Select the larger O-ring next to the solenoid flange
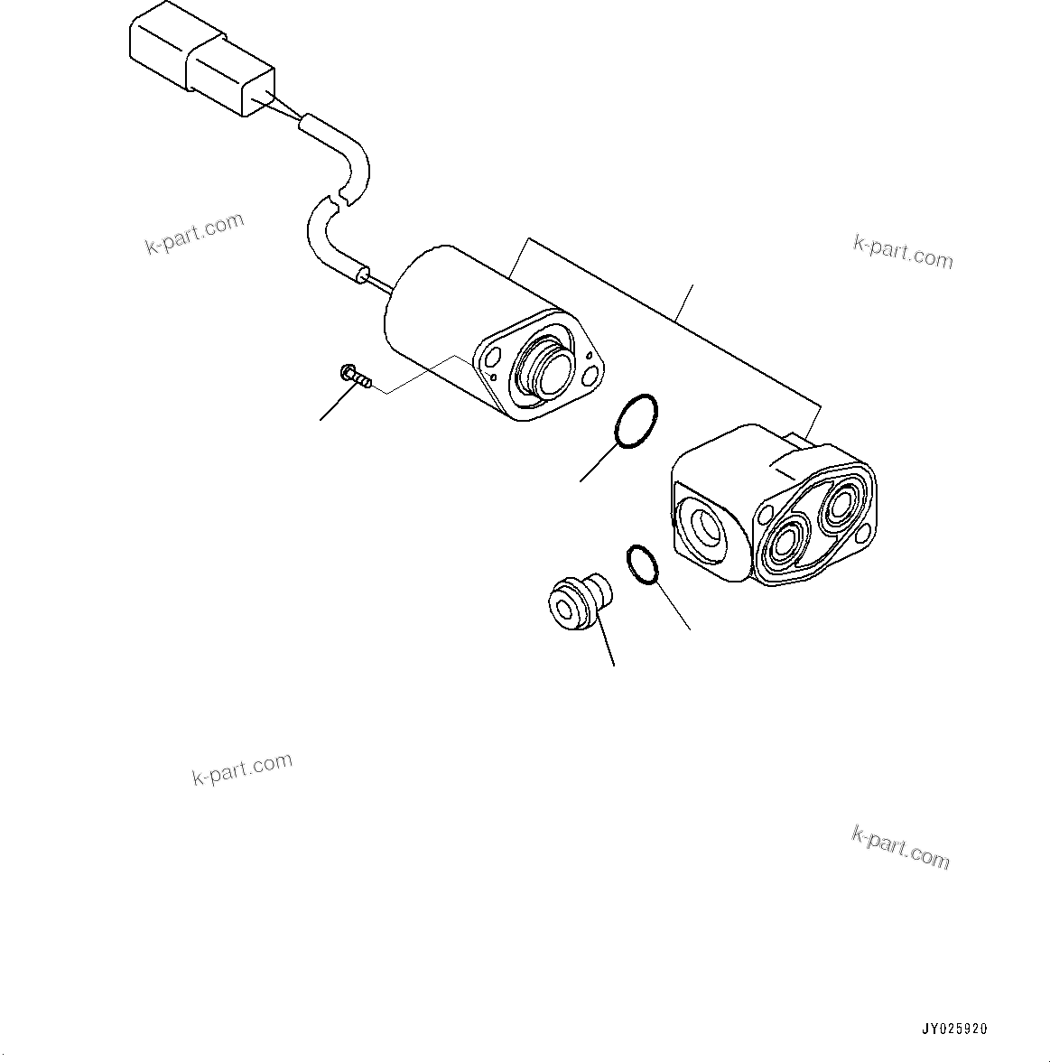(636, 421)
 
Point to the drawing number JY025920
(954, 1029)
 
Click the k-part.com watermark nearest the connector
(194, 232)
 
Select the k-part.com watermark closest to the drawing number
(900, 846)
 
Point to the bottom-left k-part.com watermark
(242, 769)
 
